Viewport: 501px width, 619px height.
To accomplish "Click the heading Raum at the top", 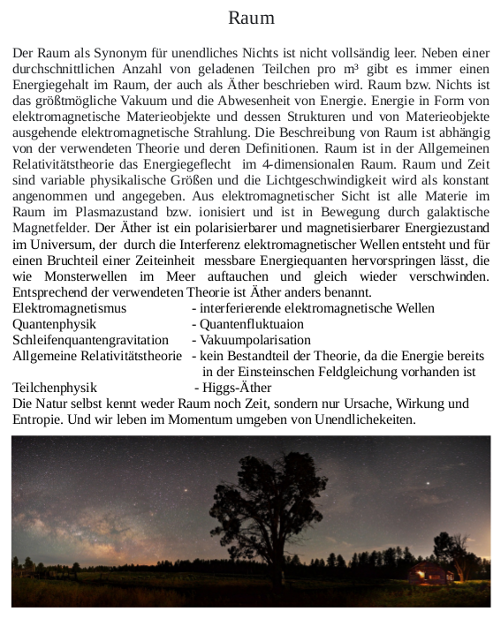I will tap(251, 18).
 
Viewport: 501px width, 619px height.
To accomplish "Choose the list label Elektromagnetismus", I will tap(70, 308).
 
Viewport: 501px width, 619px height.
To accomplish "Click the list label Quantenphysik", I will tap(54, 324).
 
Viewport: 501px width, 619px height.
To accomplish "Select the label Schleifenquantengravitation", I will tap(90, 340).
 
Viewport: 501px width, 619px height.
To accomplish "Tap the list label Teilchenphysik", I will tap(55, 388).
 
